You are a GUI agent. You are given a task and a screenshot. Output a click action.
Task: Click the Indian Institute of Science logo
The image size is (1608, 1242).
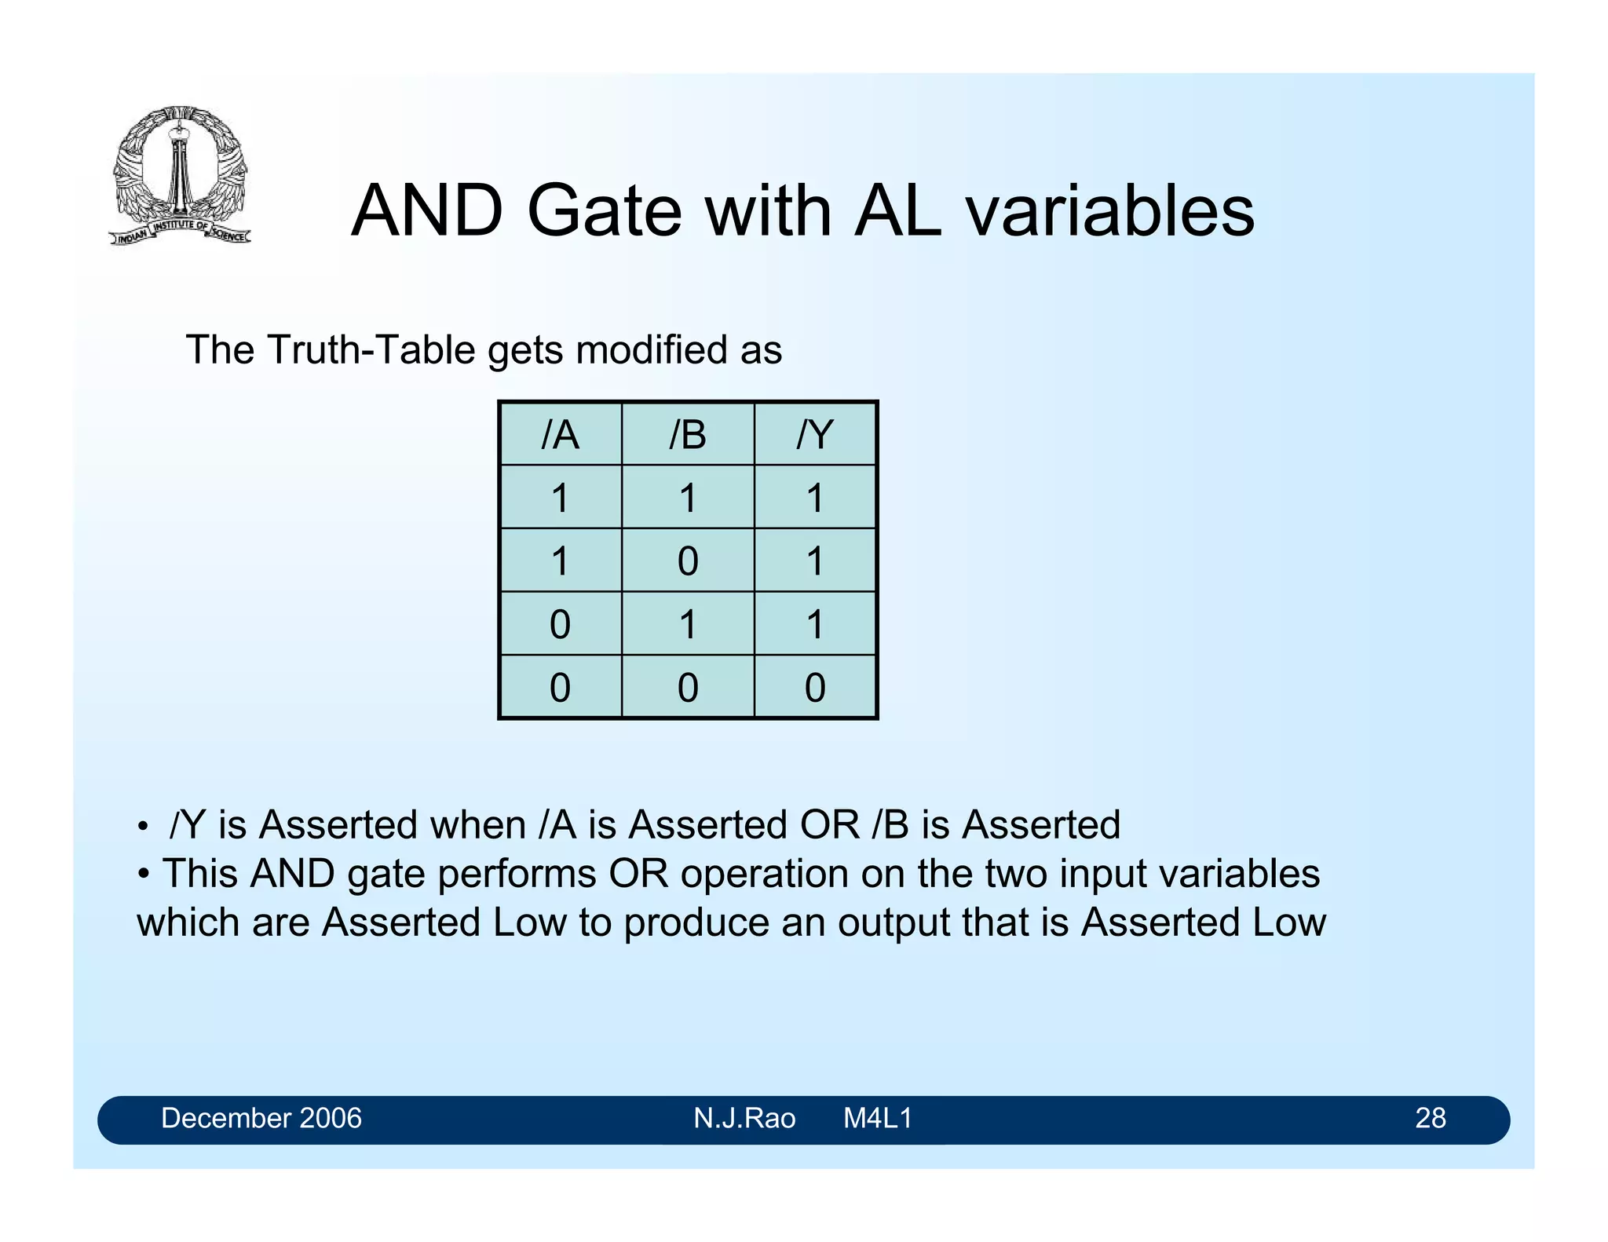[180, 174]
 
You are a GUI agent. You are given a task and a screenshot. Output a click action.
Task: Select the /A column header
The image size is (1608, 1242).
[560, 434]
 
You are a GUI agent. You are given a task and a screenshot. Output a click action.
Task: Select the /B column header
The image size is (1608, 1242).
[688, 434]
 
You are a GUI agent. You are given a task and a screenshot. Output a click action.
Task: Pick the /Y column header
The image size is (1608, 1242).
[815, 434]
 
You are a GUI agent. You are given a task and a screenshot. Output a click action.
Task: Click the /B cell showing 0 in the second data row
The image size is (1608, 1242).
[688, 561]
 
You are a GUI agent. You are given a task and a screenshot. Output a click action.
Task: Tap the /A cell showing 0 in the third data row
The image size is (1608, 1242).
[560, 625]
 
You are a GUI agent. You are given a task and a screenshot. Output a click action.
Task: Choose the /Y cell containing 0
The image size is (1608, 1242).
[815, 688]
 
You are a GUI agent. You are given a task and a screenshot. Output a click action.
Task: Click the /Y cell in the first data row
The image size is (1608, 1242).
[815, 498]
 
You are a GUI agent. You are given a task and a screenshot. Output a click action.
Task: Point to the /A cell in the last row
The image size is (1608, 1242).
[560, 688]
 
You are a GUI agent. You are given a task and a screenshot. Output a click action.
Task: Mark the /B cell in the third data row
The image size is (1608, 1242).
[688, 625]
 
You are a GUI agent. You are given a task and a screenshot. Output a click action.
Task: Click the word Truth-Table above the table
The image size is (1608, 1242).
[371, 350]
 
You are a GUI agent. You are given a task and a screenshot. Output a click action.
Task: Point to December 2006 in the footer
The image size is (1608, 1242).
[261, 1118]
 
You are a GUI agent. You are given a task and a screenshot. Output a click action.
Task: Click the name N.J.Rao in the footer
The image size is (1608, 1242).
[744, 1118]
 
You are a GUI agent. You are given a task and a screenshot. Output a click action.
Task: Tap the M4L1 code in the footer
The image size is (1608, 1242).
[878, 1118]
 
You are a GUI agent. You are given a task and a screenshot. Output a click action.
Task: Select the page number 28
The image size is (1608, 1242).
[1430, 1118]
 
